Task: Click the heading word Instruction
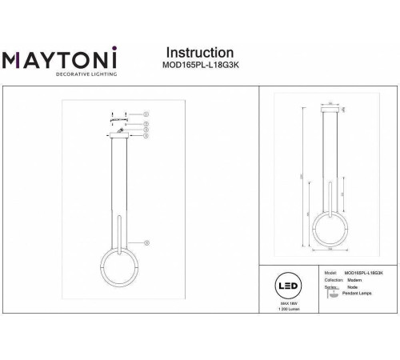coord(198,53)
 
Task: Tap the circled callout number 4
coord(146,136)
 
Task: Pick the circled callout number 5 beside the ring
coord(146,242)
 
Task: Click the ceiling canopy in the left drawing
coord(118,136)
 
